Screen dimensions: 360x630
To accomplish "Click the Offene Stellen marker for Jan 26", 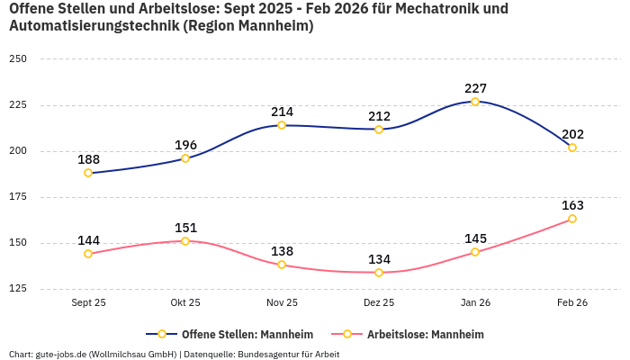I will pos(475,102).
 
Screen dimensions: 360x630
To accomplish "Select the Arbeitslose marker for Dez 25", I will pos(379,273).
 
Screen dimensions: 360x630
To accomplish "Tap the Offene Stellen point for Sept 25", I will pos(88,173).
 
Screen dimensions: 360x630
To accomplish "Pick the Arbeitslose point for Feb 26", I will pos(572,219).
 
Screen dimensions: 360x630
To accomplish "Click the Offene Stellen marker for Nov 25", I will pos(282,125).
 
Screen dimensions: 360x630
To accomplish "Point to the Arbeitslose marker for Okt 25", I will pos(185,241).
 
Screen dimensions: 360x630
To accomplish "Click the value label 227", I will pos(475,88).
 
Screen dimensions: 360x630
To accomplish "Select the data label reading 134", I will pos(379,259).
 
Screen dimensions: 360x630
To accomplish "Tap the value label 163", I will pos(572,205).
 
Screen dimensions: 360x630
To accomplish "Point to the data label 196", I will pos(185,145).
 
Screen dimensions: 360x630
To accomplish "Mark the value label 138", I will pos(282,251).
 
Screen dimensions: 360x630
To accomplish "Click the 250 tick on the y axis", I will pos(18,59).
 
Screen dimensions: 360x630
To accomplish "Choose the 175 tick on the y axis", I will pos(18,197).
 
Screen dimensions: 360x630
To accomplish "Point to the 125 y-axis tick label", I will pos(18,289).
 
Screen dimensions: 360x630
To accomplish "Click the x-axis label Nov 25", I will pos(282,303).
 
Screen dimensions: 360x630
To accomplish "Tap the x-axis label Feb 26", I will pos(572,303).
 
